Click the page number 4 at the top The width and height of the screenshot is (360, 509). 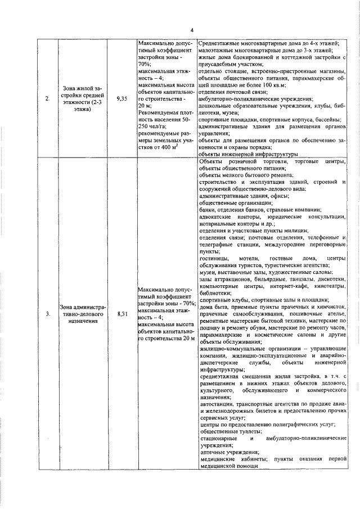tap(191, 30)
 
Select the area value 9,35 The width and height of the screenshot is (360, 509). tap(121, 98)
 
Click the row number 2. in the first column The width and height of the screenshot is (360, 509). tap(48, 98)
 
